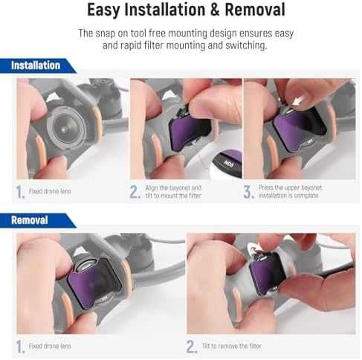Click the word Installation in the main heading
pyautogui.click(x=165, y=10)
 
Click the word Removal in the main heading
pyautogui.click(x=255, y=10)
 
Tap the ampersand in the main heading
pyautogui.click(x=215, y=10)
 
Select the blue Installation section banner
pyautogui.click(x=38, y=65)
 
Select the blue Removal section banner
pyautogui.click(x=38, y=220)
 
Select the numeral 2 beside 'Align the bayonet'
pyautogui.click(x=135, y=192)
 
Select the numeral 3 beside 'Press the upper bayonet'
pyautogui.click(x=248, y=192)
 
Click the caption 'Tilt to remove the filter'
pyautogui.click(x=232, y=346)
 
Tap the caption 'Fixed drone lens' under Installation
pyautogui.click(x=50, y=191)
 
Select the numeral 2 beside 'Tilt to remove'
pyautogui.click(x=192, y=347)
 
